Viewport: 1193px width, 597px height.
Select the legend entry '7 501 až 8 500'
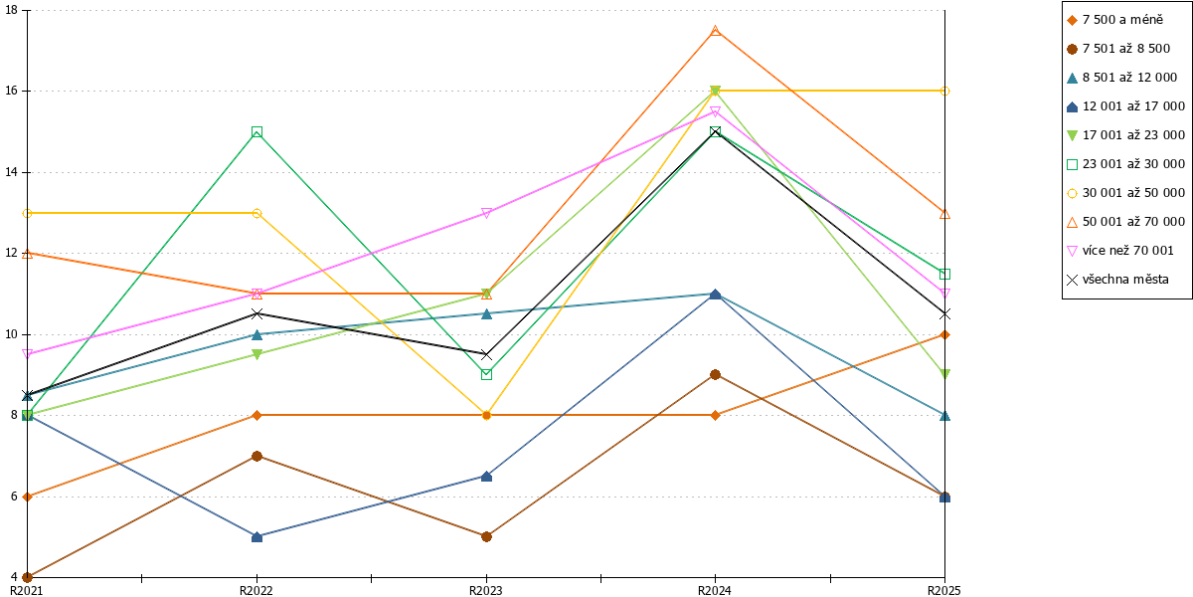coord(1118,49)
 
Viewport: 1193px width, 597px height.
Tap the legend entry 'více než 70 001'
coord(1120,251)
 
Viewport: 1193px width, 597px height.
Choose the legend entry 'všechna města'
coord(1117,280)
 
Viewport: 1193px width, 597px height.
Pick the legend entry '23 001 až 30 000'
coord(1125,164)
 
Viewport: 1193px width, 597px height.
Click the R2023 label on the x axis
coord(486,591)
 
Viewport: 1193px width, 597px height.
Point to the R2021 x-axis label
coord(27,591)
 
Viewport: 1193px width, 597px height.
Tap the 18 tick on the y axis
coord(11,10)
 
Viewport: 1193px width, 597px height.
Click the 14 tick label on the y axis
coord(11,172)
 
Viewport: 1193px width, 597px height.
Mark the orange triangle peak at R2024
coord(716,31)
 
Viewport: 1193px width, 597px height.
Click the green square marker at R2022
coord(256,131)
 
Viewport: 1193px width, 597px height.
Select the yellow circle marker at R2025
coord(944,92)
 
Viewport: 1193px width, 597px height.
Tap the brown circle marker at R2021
coord(27,577)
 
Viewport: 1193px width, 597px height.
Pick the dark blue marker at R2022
coord(256,536)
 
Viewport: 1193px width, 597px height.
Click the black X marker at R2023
coord(486,354)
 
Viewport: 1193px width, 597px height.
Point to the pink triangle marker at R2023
coord(486,213)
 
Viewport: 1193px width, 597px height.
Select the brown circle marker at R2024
coord(716,375)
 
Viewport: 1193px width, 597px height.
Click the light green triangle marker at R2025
coord(944,375)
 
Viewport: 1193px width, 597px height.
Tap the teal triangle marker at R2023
coord(486,314)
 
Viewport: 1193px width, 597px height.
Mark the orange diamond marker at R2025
coord(944,334)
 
